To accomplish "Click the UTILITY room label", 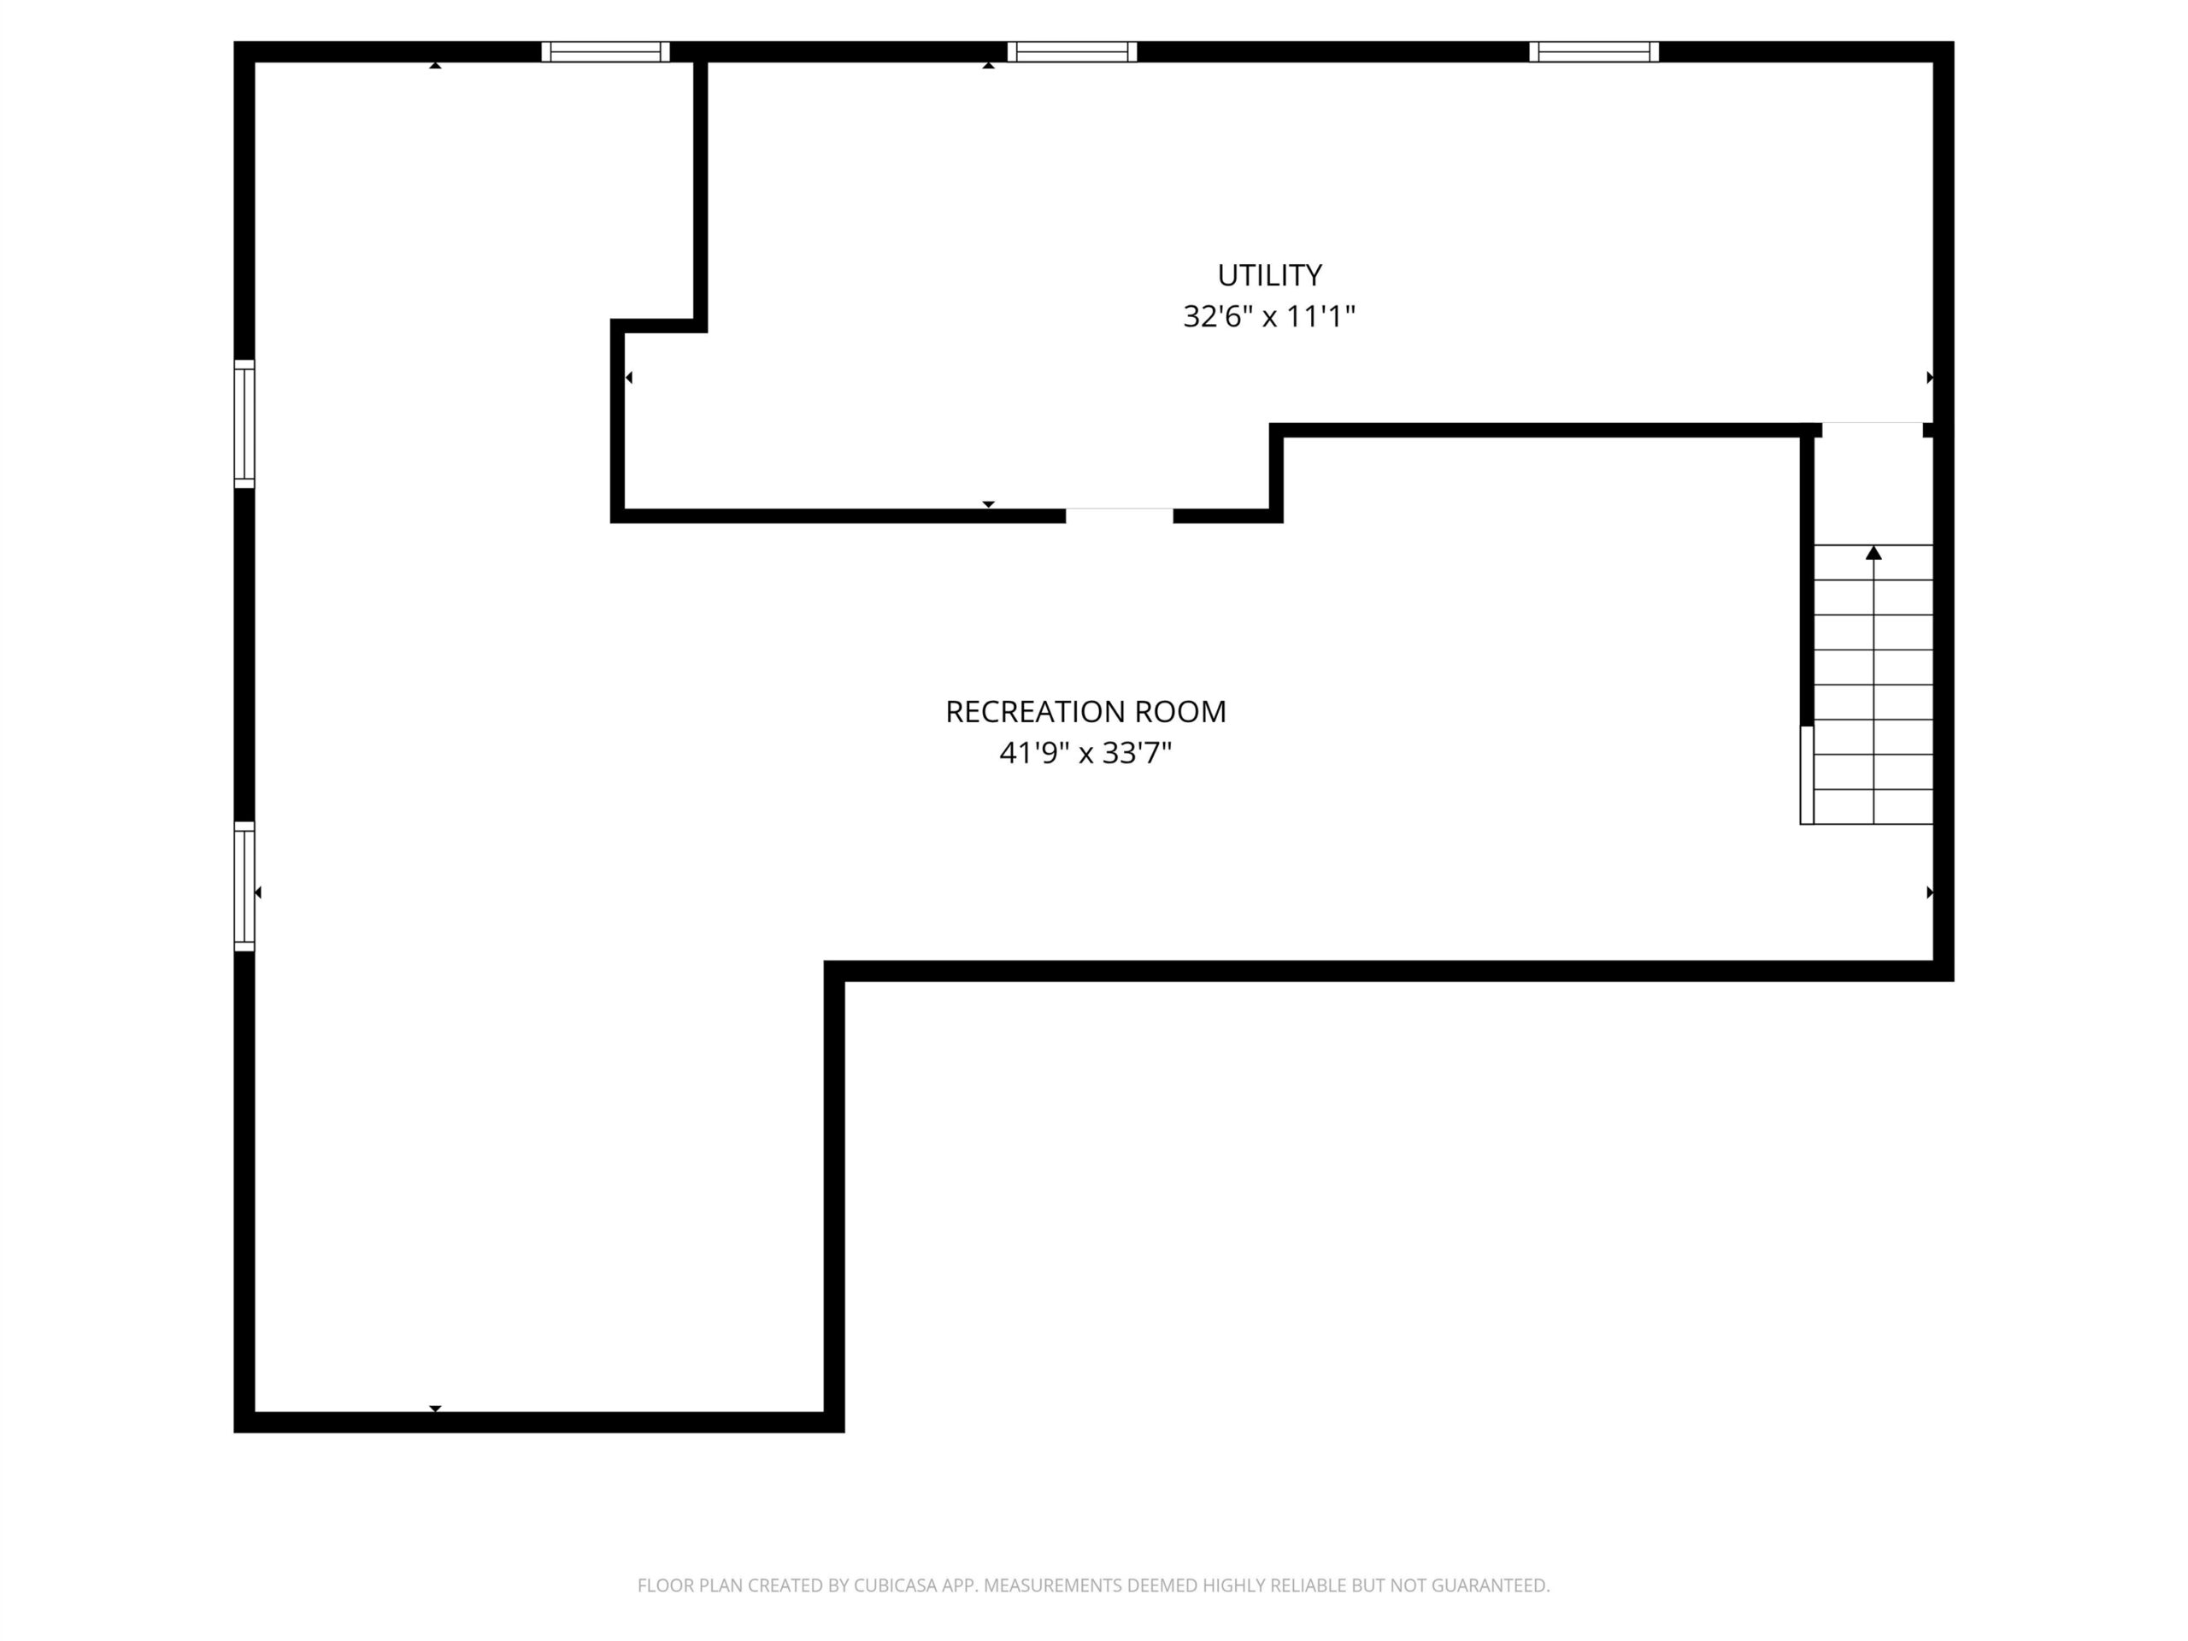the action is (1269, 275).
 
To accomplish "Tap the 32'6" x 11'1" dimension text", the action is (1269, 316).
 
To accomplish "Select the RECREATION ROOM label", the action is (1085, 712).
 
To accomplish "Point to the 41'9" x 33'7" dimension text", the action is (1085, 754).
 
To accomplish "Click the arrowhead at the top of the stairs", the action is (1873, 553).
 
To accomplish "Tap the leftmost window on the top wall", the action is (605, 51).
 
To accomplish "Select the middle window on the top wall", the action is (1073, 51).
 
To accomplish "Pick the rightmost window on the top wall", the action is (1593, 51).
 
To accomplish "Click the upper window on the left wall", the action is (244, 424).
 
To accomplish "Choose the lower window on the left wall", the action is (244, 886).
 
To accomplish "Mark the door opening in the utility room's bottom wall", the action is (1119, 515).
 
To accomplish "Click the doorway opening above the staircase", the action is (1873, 430).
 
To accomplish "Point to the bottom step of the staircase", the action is (1873, 807).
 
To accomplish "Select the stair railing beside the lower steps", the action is (1806, 774).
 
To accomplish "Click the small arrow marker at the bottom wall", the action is (435, 1409).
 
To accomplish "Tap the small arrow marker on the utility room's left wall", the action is (629, 377).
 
